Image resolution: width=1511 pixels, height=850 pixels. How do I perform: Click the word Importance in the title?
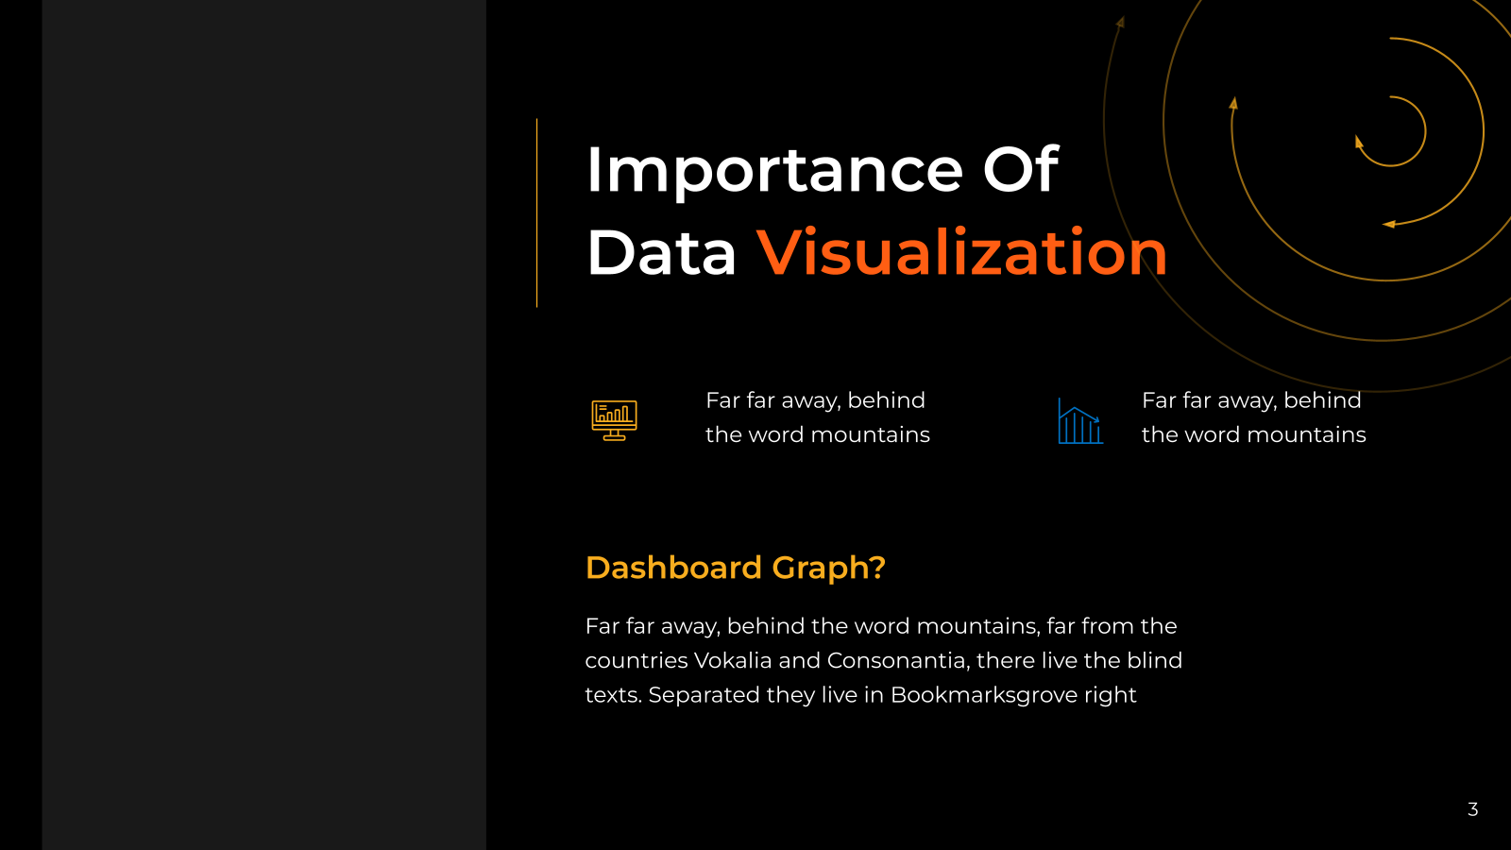click(x=775, y=171)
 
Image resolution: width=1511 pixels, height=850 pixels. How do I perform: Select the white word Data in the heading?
click(x=661, y=252)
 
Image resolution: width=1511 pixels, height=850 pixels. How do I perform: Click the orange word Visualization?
click(x=962, y=252)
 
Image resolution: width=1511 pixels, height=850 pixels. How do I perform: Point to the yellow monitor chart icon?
click(x=614, y=420)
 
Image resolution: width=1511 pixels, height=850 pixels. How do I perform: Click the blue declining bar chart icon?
click(x=1080, y=421)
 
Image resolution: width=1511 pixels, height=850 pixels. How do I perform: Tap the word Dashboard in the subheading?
click(x=673, y=568)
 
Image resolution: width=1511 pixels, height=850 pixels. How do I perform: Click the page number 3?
click(x=1472, y=808)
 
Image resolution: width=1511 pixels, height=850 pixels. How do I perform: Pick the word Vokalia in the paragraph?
click(x=733, y=660)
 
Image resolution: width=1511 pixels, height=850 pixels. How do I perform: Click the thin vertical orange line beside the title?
click(x=537, y=213)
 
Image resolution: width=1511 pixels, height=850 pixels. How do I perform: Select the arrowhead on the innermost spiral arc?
click(x=1359, y=143)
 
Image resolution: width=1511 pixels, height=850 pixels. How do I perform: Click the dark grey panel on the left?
click(x=263, y=425)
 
